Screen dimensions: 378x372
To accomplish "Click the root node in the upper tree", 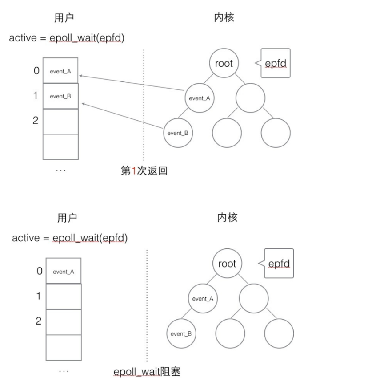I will click(x=224, y=63).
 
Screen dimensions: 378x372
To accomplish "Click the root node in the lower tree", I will click(x=227, y=264).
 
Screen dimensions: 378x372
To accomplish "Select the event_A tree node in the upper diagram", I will click(x=199, y=98).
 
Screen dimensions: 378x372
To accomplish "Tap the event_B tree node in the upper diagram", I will click(x=177, y=133).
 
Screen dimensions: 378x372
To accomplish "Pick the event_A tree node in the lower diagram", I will click(x=202, y=299).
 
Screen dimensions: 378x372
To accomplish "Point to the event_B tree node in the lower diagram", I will click(x=180, y=333).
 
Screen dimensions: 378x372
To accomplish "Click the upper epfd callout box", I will click(x=276, y=63).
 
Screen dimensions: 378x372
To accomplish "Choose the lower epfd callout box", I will click(x=279, y=264).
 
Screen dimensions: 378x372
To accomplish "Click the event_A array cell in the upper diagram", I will click(x=60, y=71).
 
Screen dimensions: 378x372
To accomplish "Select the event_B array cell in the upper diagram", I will click(x=60, y=96).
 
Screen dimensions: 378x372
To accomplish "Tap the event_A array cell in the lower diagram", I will click(x=64, y=271).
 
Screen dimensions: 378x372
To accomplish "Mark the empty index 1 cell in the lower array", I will click(x=64, y=296).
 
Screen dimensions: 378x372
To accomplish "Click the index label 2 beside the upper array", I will click(x=36, y=120).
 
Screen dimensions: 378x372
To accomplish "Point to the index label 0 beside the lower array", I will click(x=39, y=271).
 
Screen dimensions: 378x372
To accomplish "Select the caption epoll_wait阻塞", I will click(x=147, y=371).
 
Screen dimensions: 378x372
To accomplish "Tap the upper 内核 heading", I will click(x=224, y=17).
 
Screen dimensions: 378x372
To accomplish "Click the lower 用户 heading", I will click(x=67, y=218).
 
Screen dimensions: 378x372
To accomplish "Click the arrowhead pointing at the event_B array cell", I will click(x=83, y=104).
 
